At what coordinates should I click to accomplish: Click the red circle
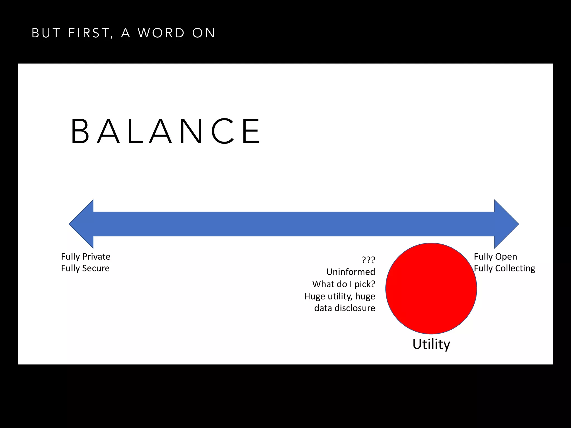[431, 288]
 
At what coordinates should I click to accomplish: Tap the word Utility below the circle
[431, 344]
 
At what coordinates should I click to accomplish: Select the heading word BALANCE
[166, 131]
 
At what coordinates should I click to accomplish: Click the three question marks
[368, 260]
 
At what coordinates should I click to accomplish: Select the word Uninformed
[351, 272]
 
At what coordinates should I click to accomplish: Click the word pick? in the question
[365, 284]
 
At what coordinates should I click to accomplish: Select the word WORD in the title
[161, 33]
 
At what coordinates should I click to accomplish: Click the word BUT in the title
[46, 33]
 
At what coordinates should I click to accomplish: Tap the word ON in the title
[204, 33]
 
